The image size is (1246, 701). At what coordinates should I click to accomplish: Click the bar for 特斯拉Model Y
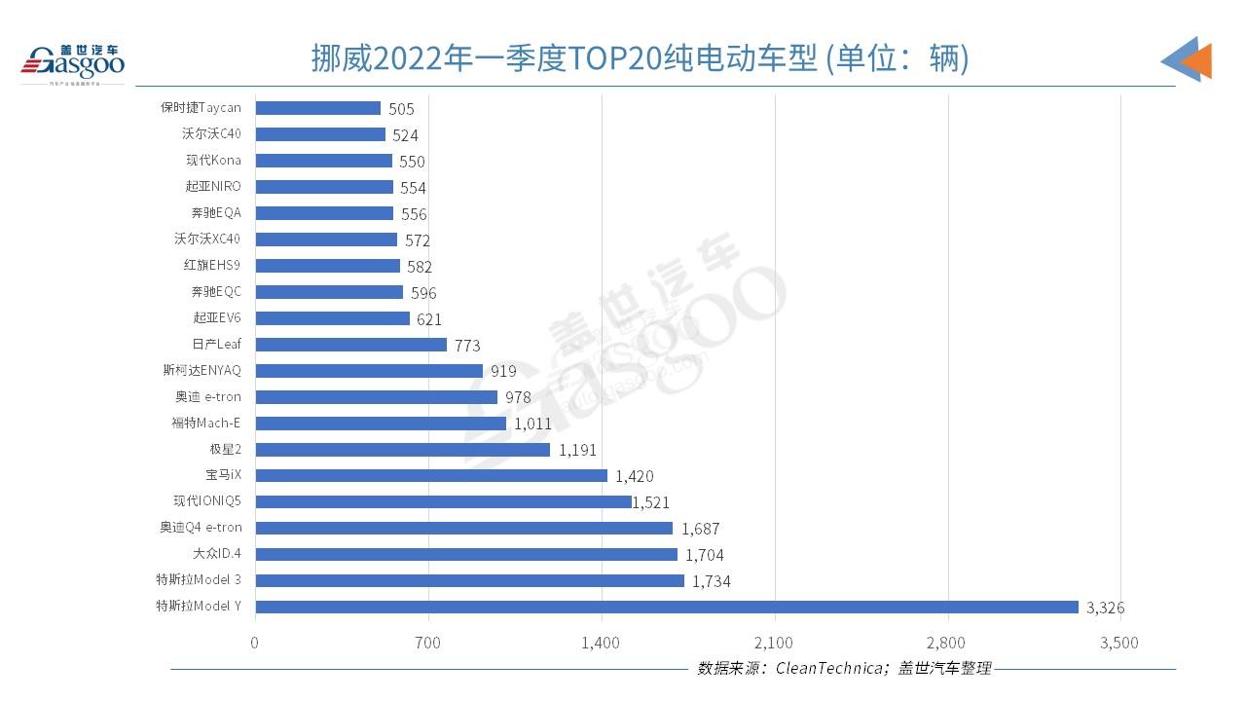[667, 607]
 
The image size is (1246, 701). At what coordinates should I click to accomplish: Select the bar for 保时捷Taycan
[317, 108]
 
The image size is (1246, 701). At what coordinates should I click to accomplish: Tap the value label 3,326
[1106, 608]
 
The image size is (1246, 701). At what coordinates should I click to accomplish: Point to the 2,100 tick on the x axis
[774, 643]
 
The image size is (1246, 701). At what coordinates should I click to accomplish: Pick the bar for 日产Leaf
[350, 345]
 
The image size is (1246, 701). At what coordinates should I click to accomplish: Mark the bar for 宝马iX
[431, 475]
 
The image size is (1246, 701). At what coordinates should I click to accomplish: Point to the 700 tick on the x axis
[427, 643]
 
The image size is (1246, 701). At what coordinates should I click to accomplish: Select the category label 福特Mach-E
[205, 423]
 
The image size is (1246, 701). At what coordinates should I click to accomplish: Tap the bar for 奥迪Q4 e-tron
[463, 528]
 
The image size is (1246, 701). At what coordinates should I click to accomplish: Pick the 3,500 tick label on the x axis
[1118, 643]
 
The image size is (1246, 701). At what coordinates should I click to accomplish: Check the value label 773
[467, 346]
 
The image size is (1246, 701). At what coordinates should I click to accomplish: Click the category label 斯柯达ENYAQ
[202, 370]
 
